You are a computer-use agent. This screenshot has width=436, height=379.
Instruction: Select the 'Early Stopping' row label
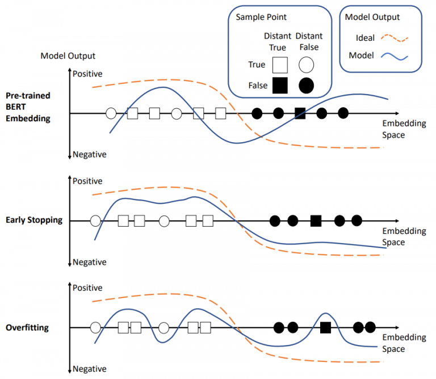click(x=34, y=220)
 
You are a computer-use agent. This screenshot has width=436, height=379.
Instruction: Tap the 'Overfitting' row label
click(x=27, y=327)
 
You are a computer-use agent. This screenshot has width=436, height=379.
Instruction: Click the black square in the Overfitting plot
click(x=325, y=327)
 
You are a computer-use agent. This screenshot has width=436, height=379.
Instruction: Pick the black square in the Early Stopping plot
click(x=316, y=220)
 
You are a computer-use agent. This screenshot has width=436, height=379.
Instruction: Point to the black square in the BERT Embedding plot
click(x=300, y=113)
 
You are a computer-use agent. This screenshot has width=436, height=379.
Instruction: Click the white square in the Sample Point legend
click(x=279, y=65)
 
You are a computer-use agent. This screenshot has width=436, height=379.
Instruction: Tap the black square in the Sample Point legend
click(x=279, y=86)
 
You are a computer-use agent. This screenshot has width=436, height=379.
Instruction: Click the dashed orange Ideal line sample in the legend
click(x=393, y=38)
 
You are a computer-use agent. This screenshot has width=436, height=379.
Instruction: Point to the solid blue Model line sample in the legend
click(x=393, y=56)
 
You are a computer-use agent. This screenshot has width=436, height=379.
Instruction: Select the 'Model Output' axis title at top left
click(x=68, y=56)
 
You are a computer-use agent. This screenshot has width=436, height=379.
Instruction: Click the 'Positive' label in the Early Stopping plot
click(x=87, y=181)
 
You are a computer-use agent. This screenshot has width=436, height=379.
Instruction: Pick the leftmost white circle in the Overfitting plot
click(x=95, y=327)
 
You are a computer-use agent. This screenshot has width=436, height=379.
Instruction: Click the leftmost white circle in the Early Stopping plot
click(x=95, y=220)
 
